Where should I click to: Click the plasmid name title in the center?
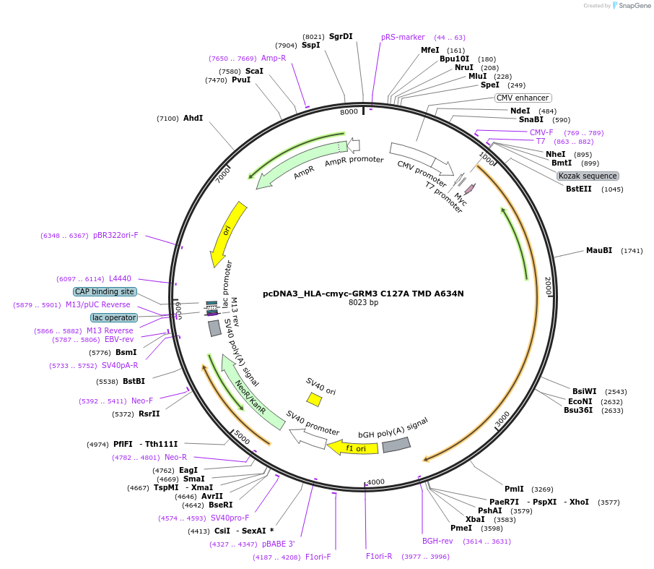(x=363, y=294)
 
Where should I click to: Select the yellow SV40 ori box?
(x=314, y=398)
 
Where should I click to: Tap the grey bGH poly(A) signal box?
(x=396, y=445)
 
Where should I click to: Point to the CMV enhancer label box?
(x=523, y=98)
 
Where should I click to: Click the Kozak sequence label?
(x=588, y=176)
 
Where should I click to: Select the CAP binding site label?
(x=105, y=291)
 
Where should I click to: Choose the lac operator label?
(x=113, y=317)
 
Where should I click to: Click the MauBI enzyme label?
(x=598, y=250)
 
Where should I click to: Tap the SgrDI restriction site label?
(x=341, y=36)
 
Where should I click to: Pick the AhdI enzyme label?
(x=193, y=118)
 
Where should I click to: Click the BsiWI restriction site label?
(x=585, y=391)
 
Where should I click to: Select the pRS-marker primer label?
(x=403, y=37)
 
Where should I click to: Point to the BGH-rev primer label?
(x=437, y=541)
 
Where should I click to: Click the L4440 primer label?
(x=120, y=278)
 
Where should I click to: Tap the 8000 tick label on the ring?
(x=349, y=112)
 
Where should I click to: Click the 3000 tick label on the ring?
(x=502, y=419)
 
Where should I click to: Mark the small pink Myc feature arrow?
(x=470, y=189)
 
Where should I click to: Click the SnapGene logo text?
(x=629, y=6)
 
